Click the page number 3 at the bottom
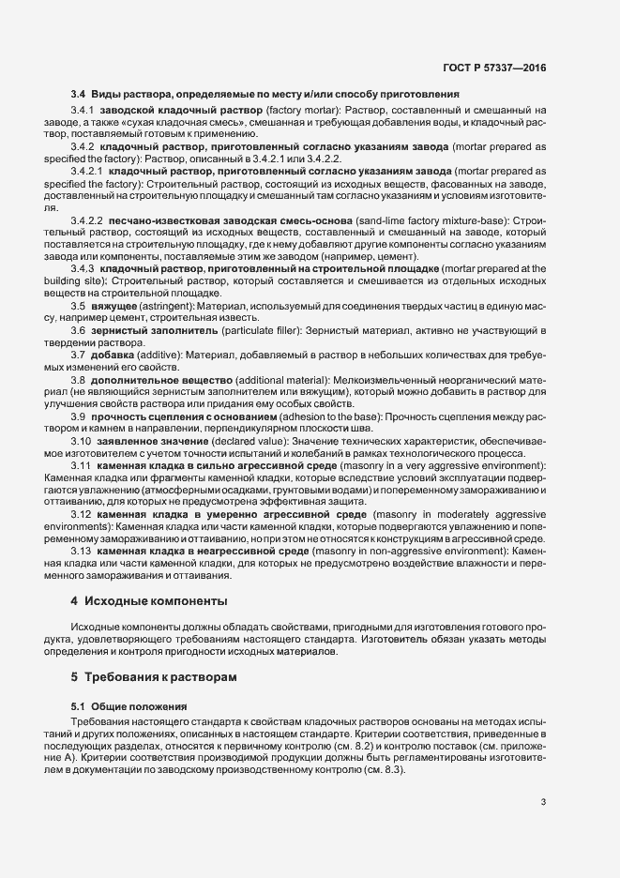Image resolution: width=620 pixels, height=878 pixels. click(x=543, y=802)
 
